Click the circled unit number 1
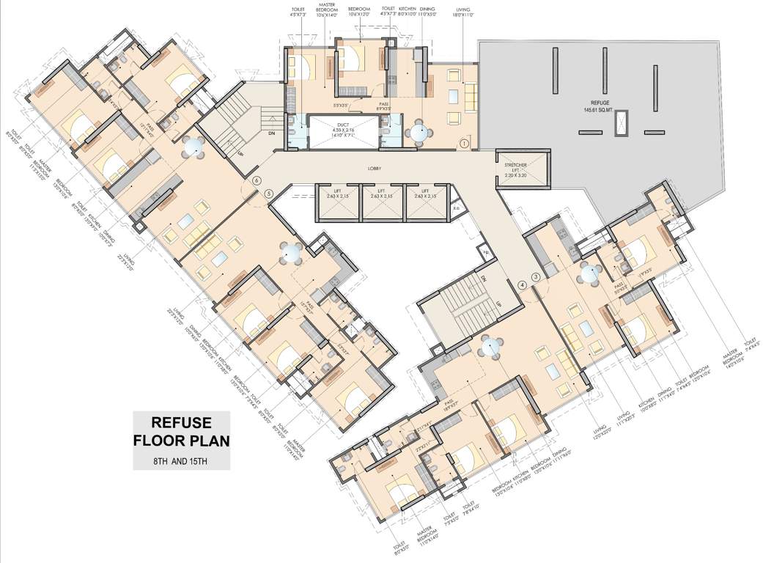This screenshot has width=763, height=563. pyautogui.click(x=464, y=144)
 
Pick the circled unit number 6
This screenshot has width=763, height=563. pyautogui.click(x=257, y=180)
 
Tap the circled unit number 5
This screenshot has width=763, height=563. pyautogui.click(x=268, y=194)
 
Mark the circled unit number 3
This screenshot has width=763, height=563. pyautogui.click(x=536, y=276)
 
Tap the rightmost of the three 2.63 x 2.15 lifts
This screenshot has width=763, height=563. pyautogui.click(x=427, y=202)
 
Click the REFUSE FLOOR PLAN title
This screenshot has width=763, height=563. pyautogui.click(x=181, y=432)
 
